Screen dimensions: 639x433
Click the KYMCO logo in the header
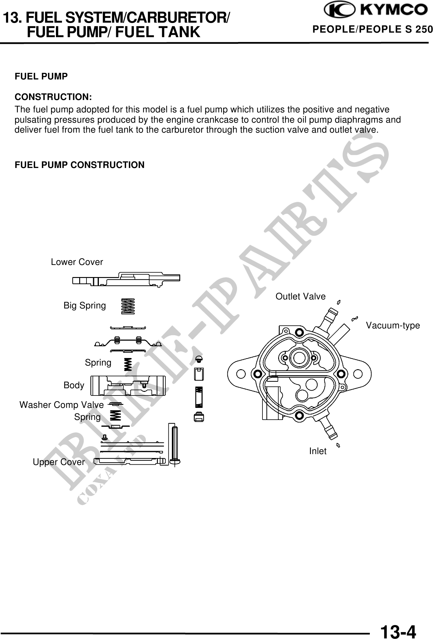coord(375,11)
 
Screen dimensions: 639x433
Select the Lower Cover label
coord(77,262)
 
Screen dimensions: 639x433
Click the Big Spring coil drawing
coord(128,306)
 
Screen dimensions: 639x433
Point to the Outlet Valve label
coord(300,297)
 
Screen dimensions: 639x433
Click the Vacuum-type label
coord(392,326)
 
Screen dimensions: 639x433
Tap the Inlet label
coord(317,451)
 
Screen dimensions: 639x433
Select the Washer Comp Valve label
coord(61,405)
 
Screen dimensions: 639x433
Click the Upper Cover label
coord(59,462)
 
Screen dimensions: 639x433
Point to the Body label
coord(74,386)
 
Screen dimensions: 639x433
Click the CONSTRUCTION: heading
coord(53,97)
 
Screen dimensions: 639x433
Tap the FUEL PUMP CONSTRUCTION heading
coord(80,165)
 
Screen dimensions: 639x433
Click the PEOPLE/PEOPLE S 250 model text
coord(372,29)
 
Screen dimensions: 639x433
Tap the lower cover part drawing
coord(126,279)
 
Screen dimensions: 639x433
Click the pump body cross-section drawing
coord(128,386)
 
